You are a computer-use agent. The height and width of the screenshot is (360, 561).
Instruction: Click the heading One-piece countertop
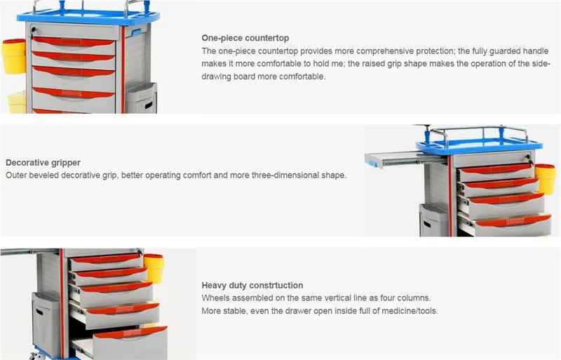245,38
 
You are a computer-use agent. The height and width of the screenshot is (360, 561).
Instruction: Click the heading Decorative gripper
43,163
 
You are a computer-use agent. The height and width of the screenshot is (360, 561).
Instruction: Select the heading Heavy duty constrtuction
252,286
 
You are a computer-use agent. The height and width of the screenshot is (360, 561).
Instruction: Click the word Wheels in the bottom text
215,298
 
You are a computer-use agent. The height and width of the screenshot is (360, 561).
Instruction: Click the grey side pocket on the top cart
142,98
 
